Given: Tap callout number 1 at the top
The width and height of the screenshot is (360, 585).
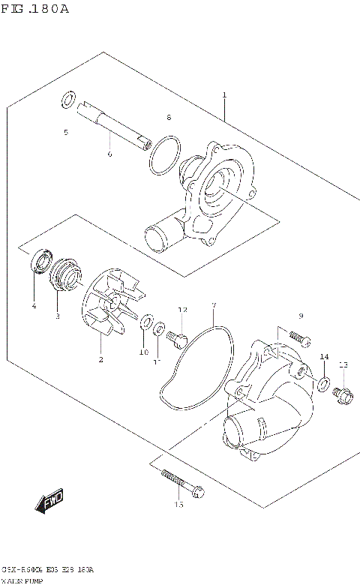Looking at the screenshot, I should point(223,95).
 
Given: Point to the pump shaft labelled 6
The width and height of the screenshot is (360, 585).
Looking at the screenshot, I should point(112,128).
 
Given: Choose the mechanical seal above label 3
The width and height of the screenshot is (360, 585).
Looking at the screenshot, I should point(63,274).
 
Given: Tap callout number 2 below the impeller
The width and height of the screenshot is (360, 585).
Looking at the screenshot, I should point(100,359).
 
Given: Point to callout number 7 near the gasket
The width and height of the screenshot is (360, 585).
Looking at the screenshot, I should point(213,306).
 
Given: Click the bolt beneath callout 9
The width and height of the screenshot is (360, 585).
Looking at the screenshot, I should point(296,338).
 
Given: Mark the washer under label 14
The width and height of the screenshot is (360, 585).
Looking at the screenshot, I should point(322,385).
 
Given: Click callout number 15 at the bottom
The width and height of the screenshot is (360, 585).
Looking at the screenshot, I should point(178,505).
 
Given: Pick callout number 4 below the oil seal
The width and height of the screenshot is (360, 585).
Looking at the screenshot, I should point(34,305).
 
